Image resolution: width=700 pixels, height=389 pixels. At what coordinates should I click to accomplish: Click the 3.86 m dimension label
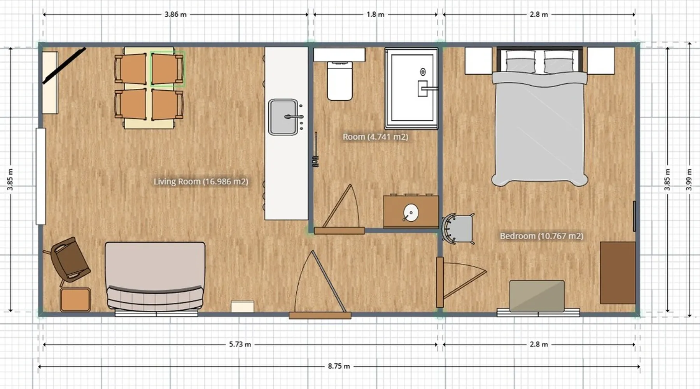pos(175,14)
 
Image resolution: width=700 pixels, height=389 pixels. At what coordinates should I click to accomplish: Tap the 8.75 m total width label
pos(339,366)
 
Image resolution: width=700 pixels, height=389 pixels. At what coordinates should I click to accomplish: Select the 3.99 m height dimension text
pos(689,179)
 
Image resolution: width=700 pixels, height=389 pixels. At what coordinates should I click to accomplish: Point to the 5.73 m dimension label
pos(240,344)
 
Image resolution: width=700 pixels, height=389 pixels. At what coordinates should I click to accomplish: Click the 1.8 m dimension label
pos(375,14)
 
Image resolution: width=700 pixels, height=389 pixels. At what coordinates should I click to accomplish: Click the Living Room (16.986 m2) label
pos(201,181)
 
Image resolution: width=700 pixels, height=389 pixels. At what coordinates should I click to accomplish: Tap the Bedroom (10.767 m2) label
pos(541,236)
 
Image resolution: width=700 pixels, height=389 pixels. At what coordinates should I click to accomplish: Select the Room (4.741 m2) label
pos(375,137)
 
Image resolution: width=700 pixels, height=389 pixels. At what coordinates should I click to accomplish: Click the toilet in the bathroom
pos(339,81)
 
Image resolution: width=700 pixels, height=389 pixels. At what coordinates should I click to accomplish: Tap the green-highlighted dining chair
pos(167,69)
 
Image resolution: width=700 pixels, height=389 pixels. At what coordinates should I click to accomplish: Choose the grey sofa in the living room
pos(155,278)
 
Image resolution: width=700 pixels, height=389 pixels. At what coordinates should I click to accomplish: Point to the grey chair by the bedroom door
pos(458,229)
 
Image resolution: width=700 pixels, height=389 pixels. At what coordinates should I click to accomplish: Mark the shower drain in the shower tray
pos(423,72)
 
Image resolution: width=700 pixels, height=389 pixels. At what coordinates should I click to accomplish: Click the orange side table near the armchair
pos(75,300)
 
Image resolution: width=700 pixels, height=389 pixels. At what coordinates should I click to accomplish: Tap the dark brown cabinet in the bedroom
pos(618,273)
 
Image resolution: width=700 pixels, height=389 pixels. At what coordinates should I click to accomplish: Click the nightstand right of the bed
pos(601,61)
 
